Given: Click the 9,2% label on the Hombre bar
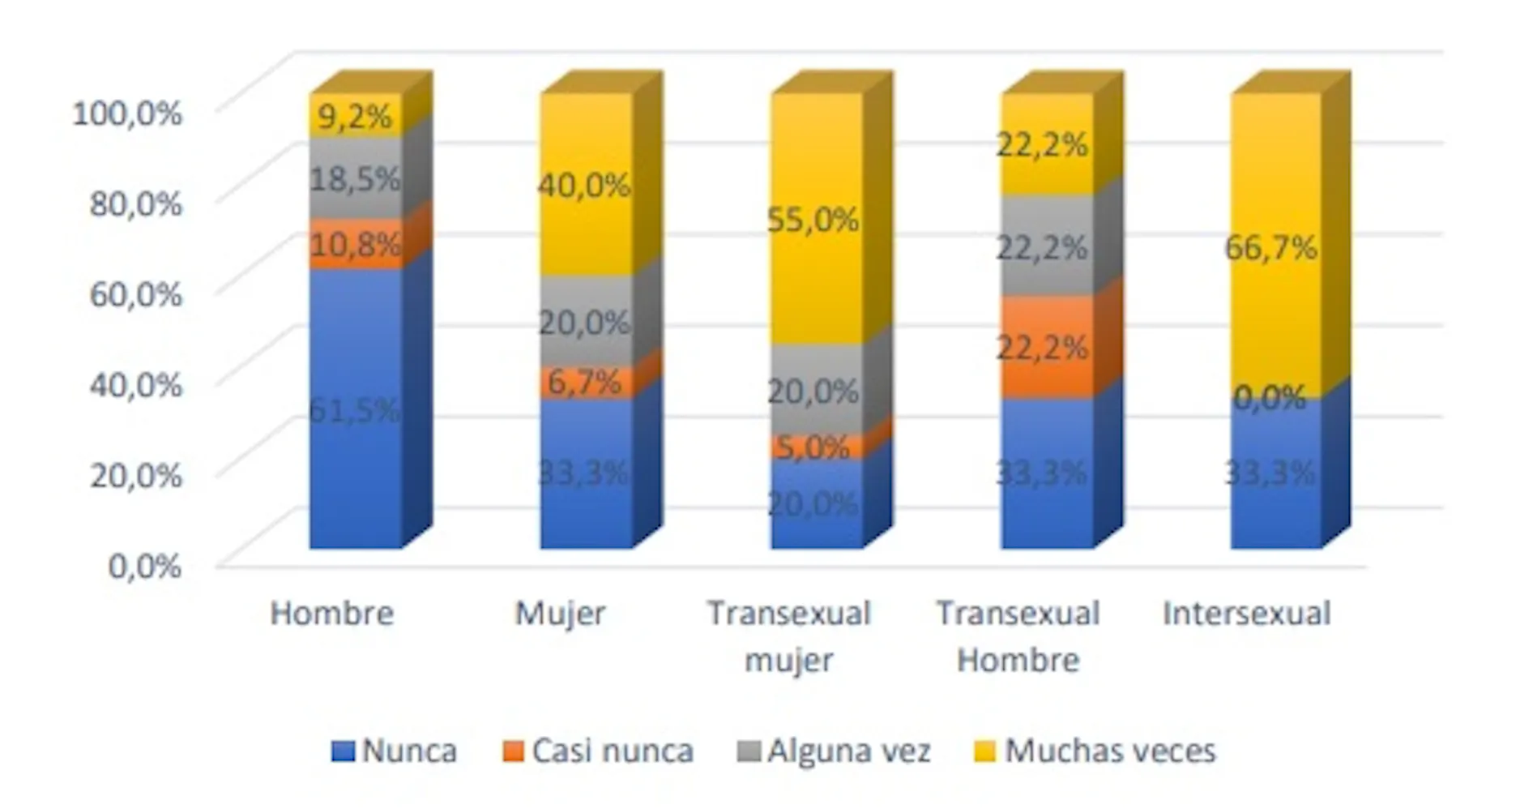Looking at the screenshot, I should coord(355,117).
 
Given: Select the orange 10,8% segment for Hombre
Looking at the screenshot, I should coord(355,243).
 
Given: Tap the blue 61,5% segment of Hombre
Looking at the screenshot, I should coord(355,409).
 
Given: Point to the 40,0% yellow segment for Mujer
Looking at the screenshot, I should coord(585,185).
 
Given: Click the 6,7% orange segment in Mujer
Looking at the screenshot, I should coord(585,382).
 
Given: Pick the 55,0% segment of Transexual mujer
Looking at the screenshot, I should coord(814,219).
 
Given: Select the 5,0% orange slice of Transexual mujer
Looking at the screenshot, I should coord(814,447).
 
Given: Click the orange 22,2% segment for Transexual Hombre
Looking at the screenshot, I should coord(1044,347).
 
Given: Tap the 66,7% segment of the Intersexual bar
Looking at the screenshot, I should coord(1272,247).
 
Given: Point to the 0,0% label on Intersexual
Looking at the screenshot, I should coord(1270,397).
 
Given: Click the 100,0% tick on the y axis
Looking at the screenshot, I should coord(128,113).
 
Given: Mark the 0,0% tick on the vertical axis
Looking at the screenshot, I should coord(145,566).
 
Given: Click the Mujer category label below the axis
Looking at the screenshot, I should coord(561,614).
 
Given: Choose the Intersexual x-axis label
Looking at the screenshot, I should coord(1247,614).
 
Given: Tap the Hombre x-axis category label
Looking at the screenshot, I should coord(332,614).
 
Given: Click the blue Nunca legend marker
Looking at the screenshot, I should coord(344,751).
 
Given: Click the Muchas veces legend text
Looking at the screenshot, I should coord(1110,751).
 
